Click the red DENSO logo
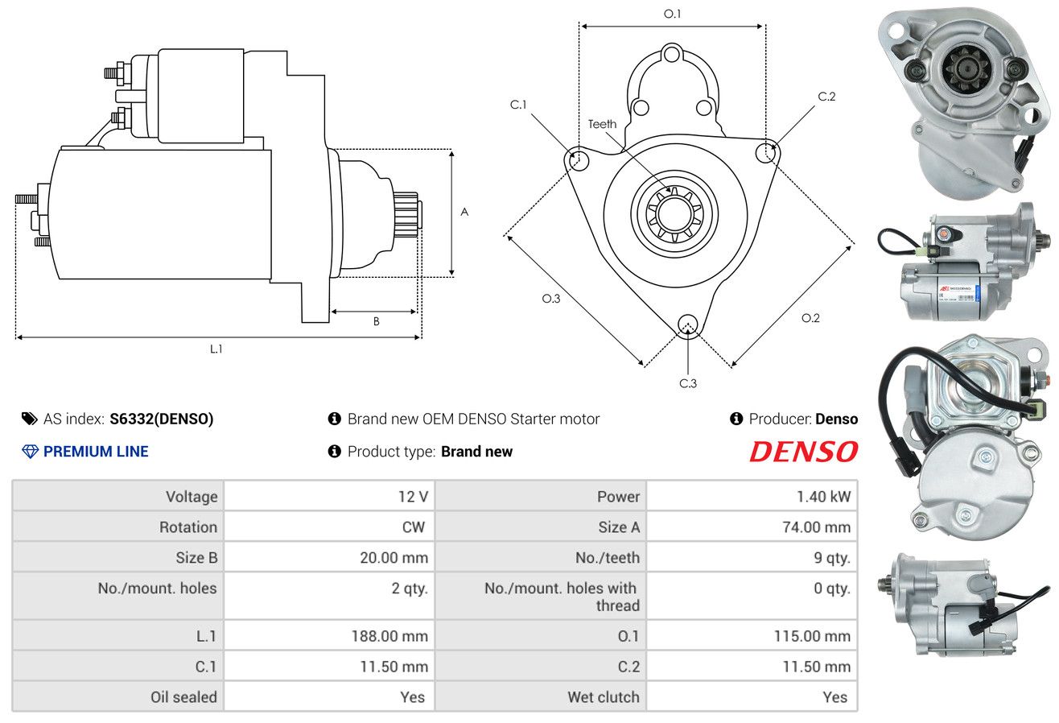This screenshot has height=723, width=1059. click(804, 452)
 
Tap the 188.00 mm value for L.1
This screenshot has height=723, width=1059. click(389, 636)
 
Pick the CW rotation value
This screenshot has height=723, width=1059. click(413, 527)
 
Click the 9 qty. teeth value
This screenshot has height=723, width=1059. click(832, 558)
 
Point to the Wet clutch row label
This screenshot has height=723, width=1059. click(604, 697)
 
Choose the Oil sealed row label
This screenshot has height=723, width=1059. click(184, 697)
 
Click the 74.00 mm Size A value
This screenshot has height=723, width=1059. click(817, 527)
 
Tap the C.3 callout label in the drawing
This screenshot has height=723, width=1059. click(688, 383)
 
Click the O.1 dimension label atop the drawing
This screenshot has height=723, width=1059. click(672, 14)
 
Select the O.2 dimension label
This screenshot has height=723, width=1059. click(810, 318)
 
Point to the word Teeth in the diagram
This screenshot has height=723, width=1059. click(602, 124)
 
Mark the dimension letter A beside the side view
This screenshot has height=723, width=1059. click(464, 212)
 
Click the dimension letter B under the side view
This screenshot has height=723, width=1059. click(377, 321)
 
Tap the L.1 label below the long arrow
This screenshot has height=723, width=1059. click(216, 349)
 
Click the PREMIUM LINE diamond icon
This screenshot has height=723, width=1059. click(31, 452)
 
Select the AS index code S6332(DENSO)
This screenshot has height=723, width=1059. click(161, 419)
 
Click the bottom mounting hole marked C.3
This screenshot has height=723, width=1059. click(688, 326)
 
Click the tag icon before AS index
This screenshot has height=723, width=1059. click(29, 419)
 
